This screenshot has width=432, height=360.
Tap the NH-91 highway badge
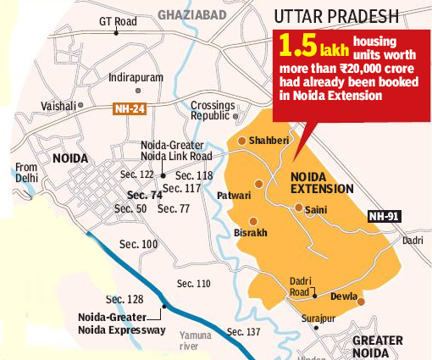[x=384, y=216]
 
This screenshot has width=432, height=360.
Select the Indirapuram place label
[x=135, y=77]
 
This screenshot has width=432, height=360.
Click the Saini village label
[x=316, y=211]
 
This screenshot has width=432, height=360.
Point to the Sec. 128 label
[x=124, y=299]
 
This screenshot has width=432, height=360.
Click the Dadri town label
[x=413, y=241]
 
